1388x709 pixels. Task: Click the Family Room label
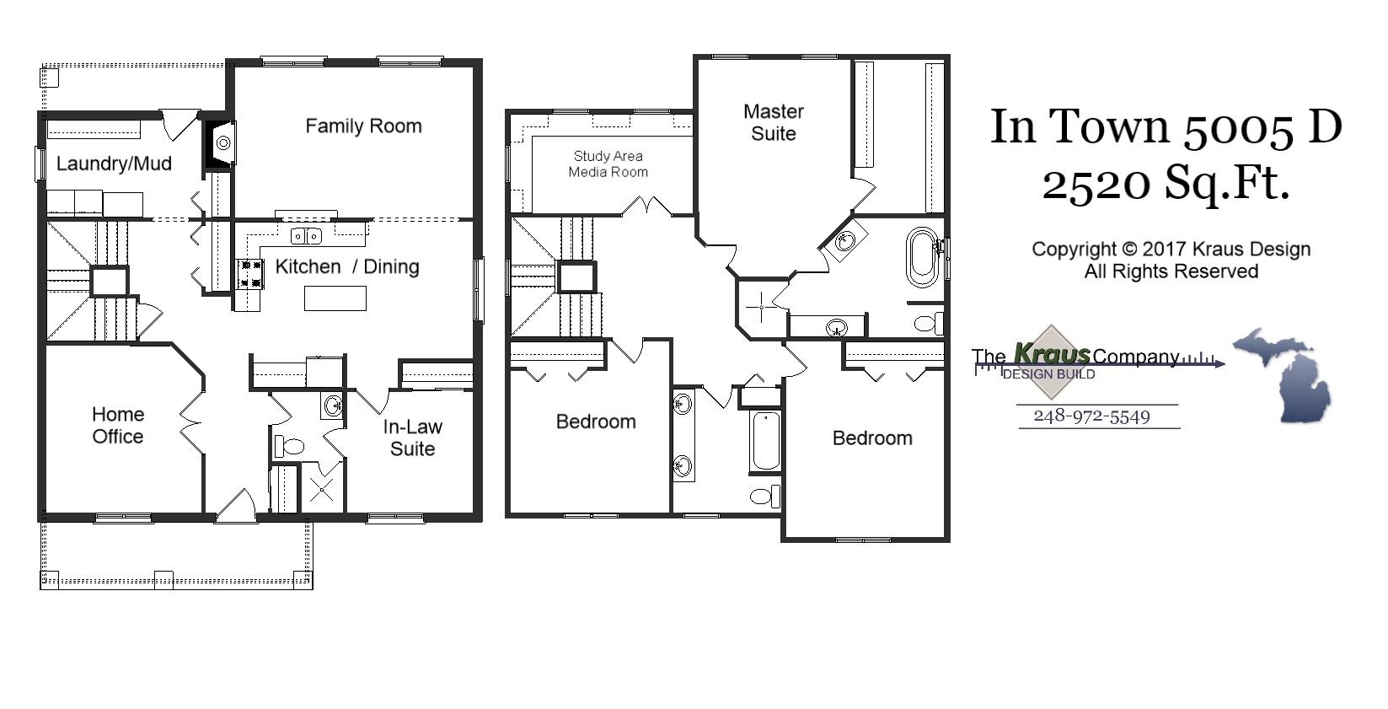[363, 126]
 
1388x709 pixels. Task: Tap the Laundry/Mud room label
[114, 164]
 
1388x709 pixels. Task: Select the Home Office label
[118, 425]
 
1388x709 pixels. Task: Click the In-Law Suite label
[412, 438]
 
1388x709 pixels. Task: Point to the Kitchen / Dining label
[347, 266]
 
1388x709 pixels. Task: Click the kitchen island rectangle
[335, 298]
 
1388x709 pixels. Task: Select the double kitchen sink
[306, 236]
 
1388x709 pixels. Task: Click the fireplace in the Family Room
[221, 144]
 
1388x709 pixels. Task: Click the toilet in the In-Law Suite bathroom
[288, 446]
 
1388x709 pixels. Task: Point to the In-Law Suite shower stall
[322, 489]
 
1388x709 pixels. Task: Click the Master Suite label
[774, 122]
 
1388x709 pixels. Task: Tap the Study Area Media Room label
[608, 164]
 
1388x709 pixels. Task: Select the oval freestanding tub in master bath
[922, 257]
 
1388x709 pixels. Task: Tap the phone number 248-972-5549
[1091, 416]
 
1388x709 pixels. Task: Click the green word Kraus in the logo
[1051, 354]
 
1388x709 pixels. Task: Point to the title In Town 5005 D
[1166, 126]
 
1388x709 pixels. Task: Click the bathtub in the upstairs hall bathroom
[766, 440]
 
